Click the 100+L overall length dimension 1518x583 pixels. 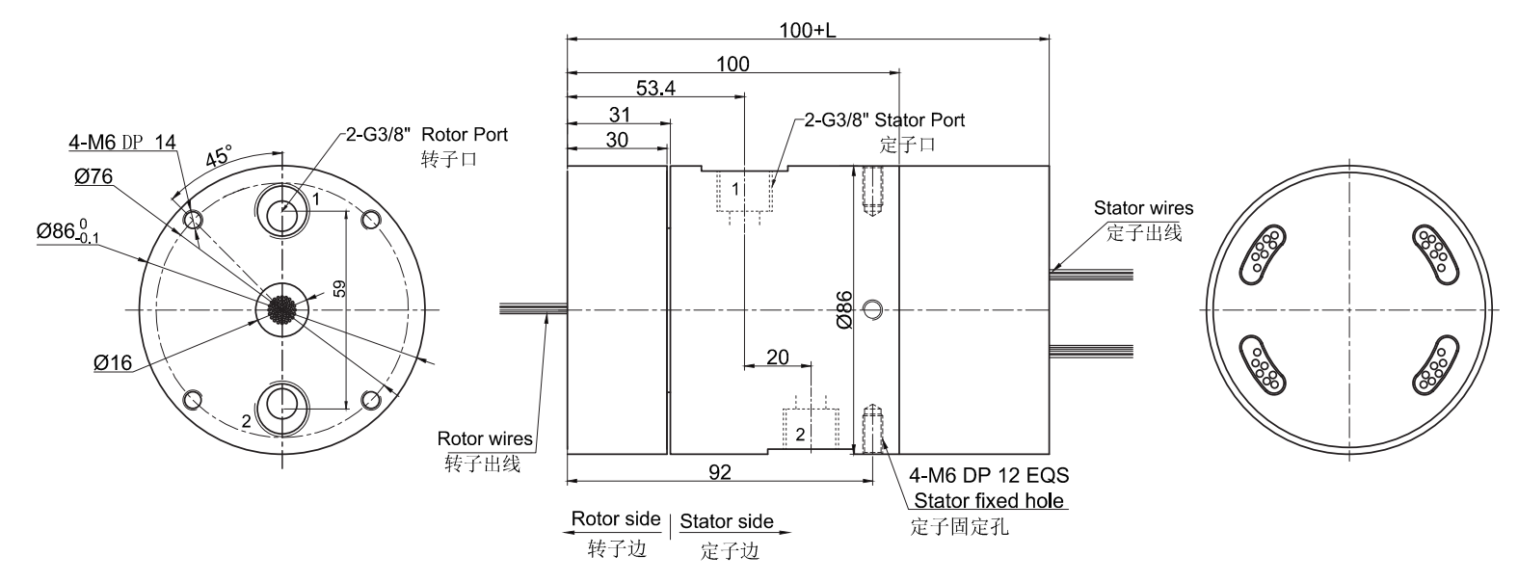[x=808, y=29]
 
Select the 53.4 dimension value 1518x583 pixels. [x=654, y=89]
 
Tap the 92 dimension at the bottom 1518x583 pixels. [x=719, y=472]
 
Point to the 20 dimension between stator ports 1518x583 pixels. [x=777, y=358]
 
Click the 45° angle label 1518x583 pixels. [x=219, y=156]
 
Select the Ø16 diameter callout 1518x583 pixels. [x=113, y=362]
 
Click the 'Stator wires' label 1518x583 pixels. [x=1144, y=207]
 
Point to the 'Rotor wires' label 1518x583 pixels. [x=485, y=439]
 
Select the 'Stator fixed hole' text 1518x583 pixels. [x=989, y=500]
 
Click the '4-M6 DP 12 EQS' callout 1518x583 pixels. [x=990, y=476]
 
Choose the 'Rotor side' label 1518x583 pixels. [x=616, y=518]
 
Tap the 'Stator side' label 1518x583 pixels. [x=727, y=521]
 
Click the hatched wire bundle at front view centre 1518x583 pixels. [x=280, y=309]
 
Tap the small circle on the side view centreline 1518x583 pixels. [x=872, y=309]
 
